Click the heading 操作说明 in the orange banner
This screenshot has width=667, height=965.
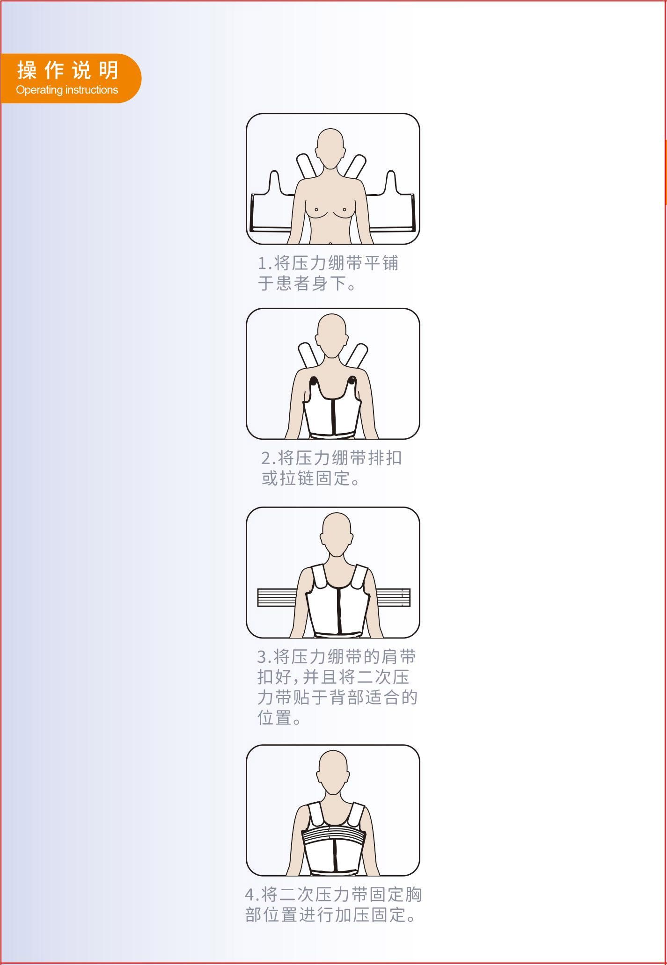click(x=68, y=71)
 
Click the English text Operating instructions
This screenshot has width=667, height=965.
click(x=67, y=90)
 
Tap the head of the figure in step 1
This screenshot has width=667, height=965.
click(x=330, y=149)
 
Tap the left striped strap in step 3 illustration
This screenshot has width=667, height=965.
click(x=278, y=597)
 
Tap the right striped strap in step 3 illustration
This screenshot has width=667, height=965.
click(x=393, y=597)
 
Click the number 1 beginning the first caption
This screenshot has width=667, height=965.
click(x=263, y=264)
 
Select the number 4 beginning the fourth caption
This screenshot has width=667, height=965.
click(x=250, y=895)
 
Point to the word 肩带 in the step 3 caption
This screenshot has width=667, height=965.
click(x=399, y=657)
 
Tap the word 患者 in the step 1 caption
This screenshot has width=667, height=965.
click(x=293, y=283)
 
